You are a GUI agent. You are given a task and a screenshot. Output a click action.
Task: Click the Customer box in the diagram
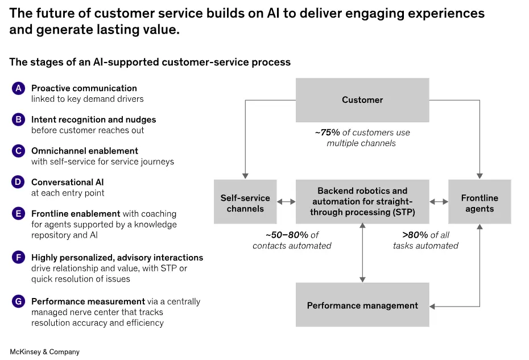tap(362, 100)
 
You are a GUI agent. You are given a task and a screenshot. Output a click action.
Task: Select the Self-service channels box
tap(245, 202)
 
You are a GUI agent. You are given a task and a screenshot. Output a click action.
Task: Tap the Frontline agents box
tap(480, 202)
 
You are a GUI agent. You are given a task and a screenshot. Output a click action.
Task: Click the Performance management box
tap(362, 306)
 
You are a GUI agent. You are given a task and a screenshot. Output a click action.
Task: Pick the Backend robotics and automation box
tap(362, 202)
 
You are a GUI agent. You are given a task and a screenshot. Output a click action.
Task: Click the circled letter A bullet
tap(19, 88)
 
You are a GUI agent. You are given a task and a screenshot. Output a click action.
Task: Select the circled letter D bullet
tap(19, 183)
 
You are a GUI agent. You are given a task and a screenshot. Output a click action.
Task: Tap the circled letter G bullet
tap(19, 301)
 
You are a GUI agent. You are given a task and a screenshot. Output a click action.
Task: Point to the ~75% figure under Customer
tap(327, 133)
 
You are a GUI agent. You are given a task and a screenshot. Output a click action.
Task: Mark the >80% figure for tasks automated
tap(415, 235)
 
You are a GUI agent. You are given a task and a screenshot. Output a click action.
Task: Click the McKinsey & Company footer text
tap(44, 352)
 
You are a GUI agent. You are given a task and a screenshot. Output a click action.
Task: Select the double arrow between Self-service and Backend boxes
tap(286, 202)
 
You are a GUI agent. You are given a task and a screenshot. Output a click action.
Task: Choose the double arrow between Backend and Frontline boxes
tap(439, 202)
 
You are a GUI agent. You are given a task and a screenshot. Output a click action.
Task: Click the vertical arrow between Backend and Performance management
tap(362, 253)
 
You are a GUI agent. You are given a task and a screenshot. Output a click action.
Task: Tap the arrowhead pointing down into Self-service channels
tap(245, 175)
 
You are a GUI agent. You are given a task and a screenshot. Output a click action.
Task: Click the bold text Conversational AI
tap(68, 183)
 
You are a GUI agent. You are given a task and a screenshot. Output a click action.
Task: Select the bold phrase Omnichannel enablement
tap(85, 151)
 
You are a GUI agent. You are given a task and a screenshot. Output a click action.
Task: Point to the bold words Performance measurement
tap(88, 301)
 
